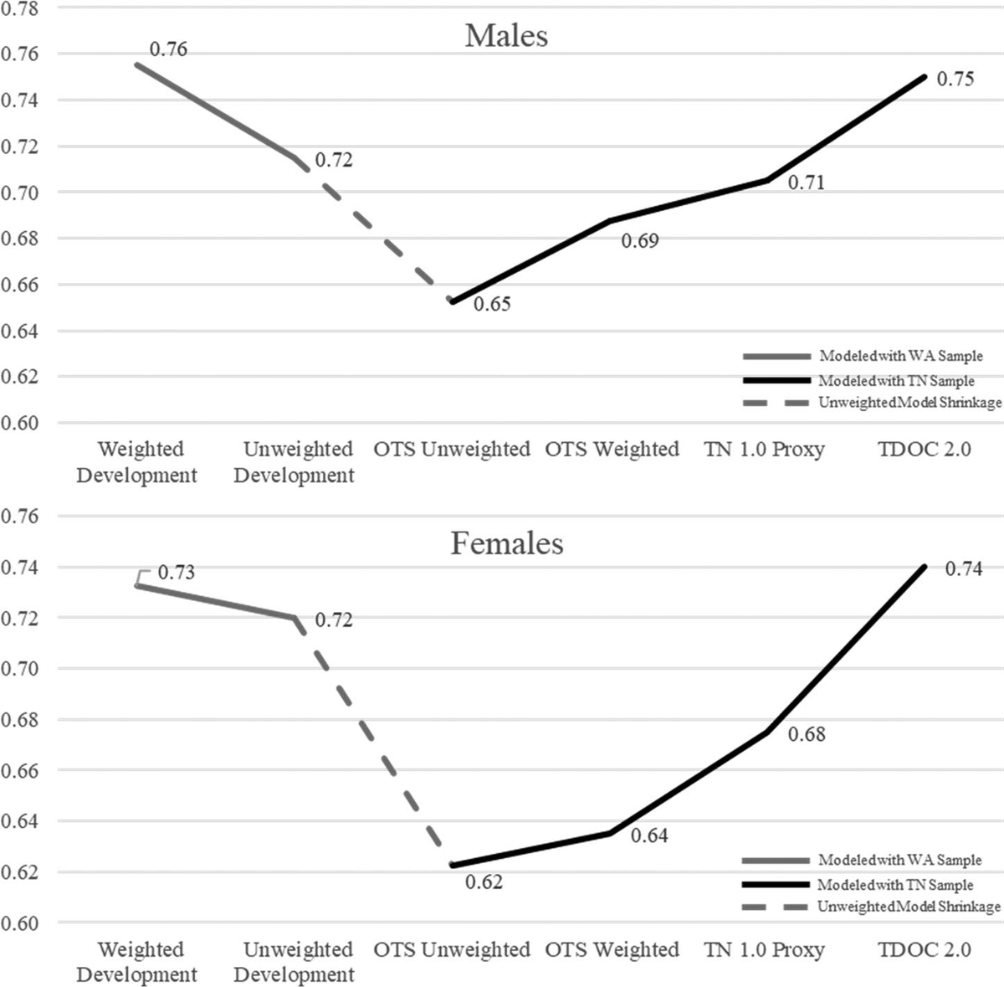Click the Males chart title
[506, 36]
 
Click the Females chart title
[506, 543]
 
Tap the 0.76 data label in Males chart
[168, 49]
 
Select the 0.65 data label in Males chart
[492, 304]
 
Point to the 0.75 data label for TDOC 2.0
[955, 79]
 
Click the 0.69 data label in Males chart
[640, 241]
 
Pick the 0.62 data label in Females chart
[484, 882]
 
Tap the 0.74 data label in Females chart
[963, 569]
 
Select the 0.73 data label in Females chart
[176, 573]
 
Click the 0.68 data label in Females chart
[807, 734]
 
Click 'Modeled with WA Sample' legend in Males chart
[900, 356]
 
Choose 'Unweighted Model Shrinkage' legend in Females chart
[908, 907]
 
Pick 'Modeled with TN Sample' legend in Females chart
[894, 885]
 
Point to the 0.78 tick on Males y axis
[18, 9]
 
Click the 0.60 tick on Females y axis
[18, 923]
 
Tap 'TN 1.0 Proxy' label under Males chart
[764, 450]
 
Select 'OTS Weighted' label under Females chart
[612, 950]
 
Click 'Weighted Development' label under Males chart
[137, 462]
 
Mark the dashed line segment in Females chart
[374, 742]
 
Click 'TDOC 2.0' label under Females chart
[924, 950]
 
